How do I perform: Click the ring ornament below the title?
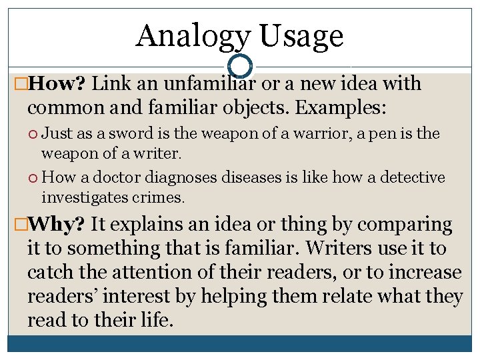click(x=239, y=66)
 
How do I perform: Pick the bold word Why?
click(x=55, y=224)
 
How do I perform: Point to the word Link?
click(x=109, y=84)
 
